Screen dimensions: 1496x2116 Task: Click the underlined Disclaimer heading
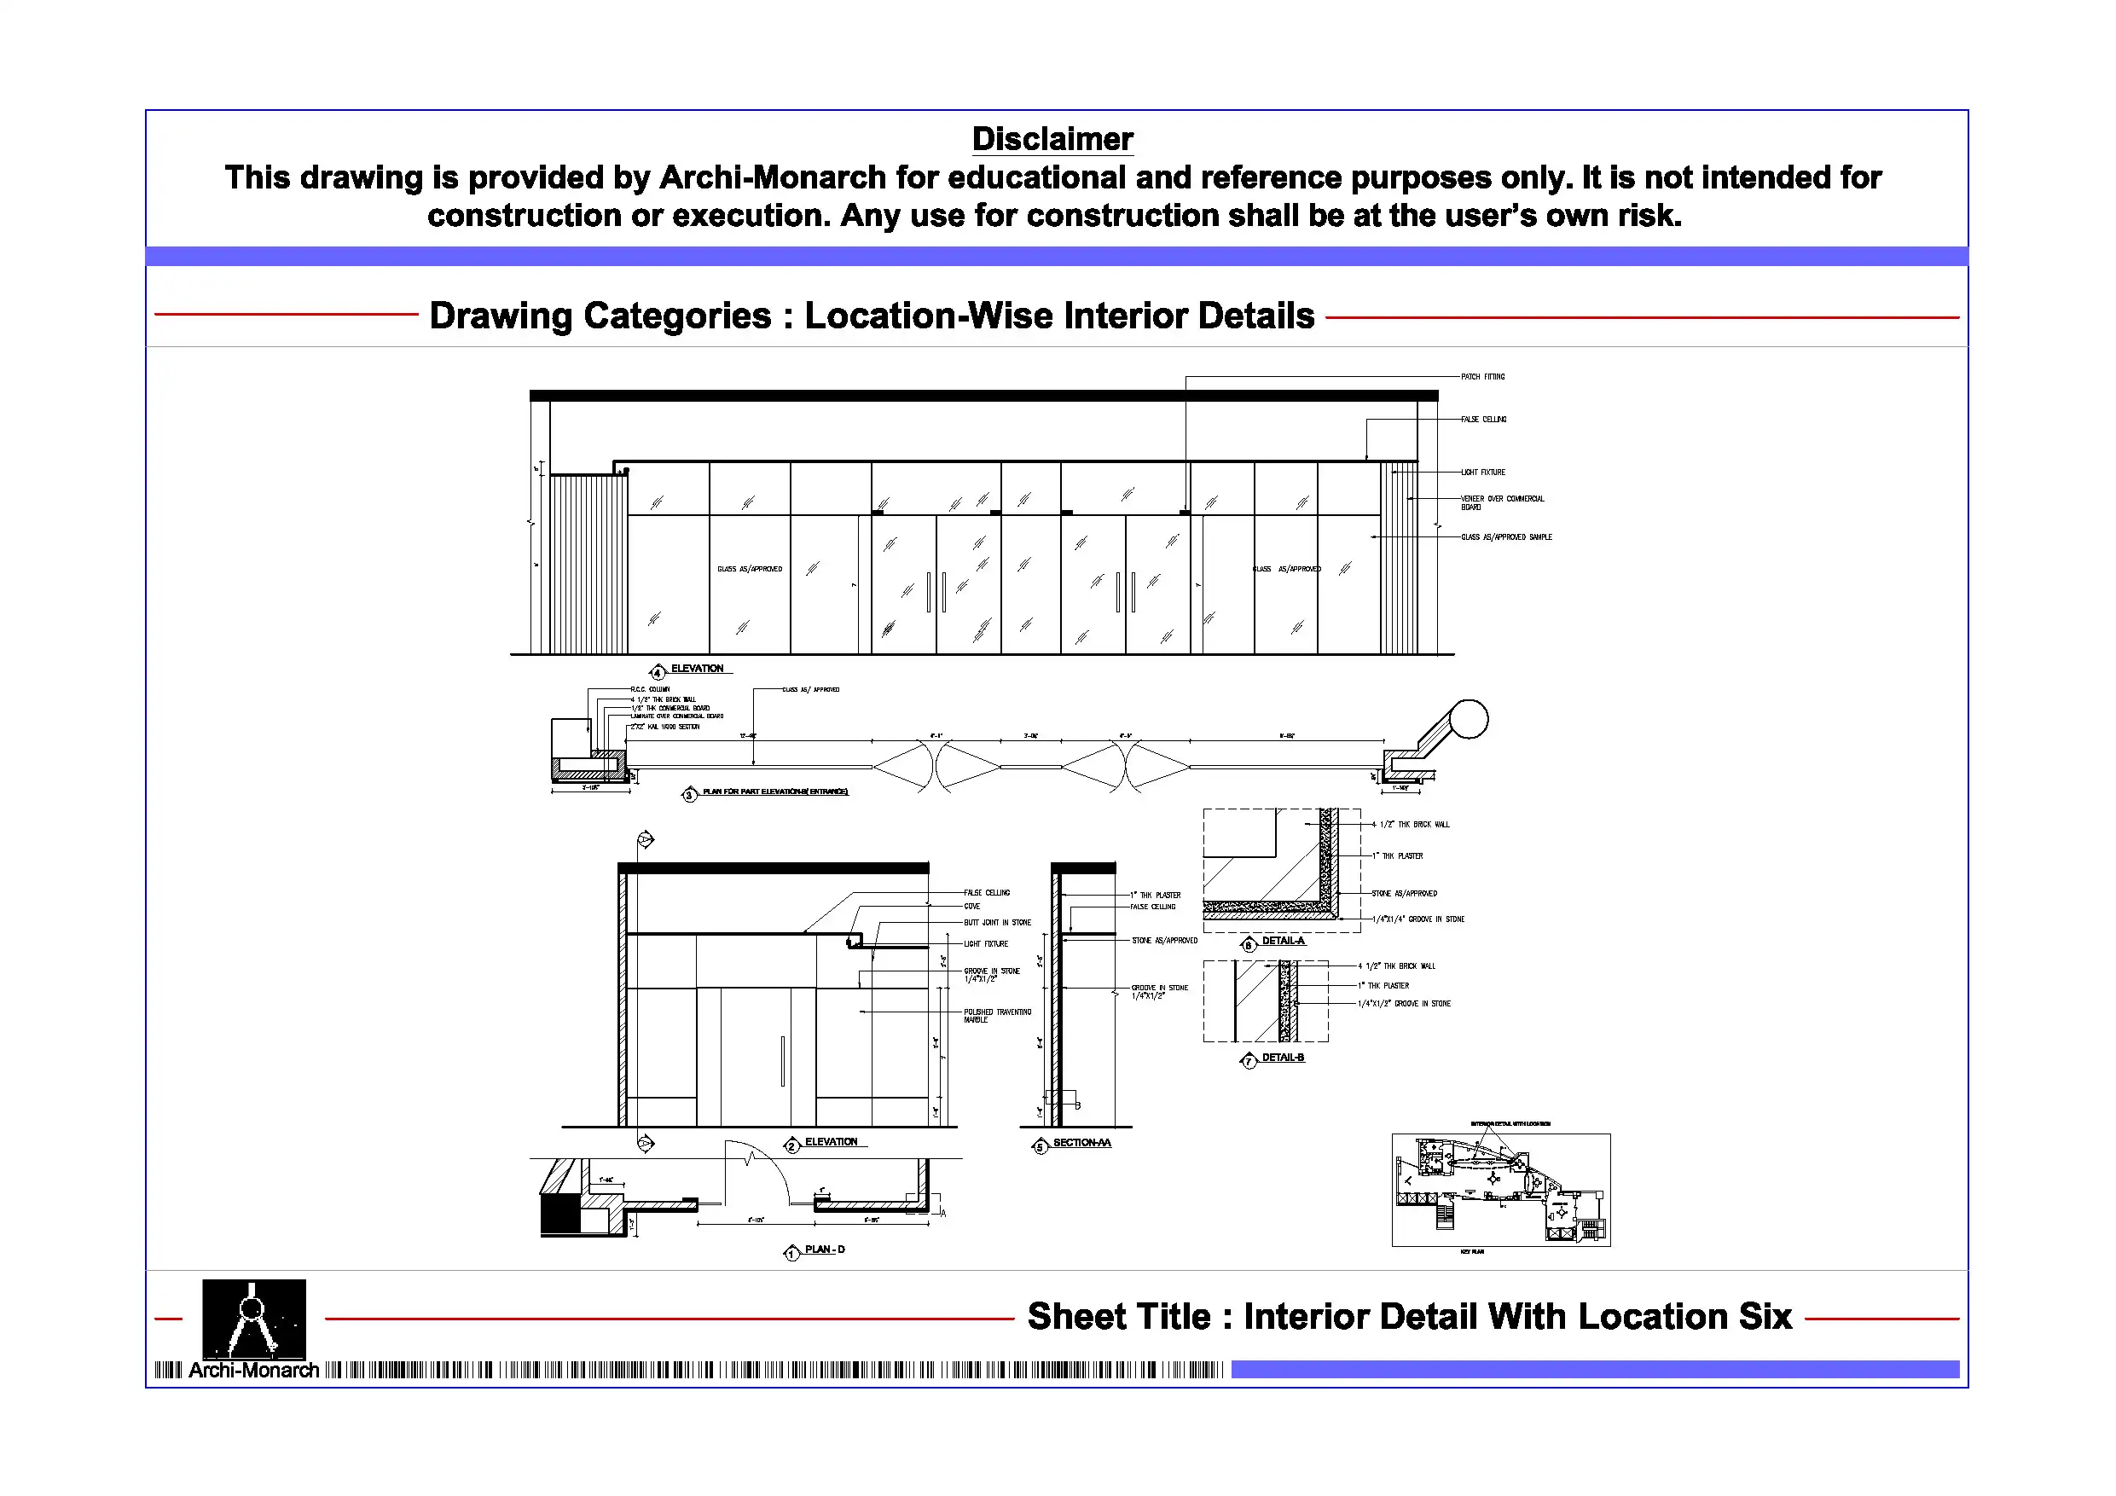coord(1052,139)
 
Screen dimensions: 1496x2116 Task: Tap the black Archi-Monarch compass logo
coord(253,1319)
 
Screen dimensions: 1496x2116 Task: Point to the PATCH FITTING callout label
coord(1482,377)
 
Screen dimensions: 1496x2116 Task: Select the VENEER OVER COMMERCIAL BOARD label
coord(1501,502)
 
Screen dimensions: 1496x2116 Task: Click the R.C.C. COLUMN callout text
coord(650,689)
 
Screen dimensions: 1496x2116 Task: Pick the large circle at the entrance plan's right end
coord(1468,719)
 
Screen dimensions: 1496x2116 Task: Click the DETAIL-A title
coord(1283,941)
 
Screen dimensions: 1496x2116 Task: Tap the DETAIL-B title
coord(1283,1058)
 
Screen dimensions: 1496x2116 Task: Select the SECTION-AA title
coord(1081,1143)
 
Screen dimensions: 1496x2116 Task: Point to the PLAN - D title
coord(824,1250)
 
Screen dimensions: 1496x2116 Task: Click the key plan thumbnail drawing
coord(1500,1190)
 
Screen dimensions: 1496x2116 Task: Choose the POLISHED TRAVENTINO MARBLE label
coord(997,1016)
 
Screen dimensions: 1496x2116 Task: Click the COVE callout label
coord(972,907)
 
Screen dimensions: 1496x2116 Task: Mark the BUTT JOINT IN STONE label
coord(997,923)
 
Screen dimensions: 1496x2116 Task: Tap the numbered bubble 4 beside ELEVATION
coord(657,672)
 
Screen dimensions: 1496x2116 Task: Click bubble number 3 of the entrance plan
coord(689,795)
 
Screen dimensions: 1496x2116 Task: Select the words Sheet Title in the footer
coord(1119,1317)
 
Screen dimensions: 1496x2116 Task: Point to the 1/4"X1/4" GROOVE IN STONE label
coord(1417,920)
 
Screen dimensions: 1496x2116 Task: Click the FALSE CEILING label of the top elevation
coord(1483,420)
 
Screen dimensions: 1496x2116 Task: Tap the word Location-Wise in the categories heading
coord(928,316)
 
